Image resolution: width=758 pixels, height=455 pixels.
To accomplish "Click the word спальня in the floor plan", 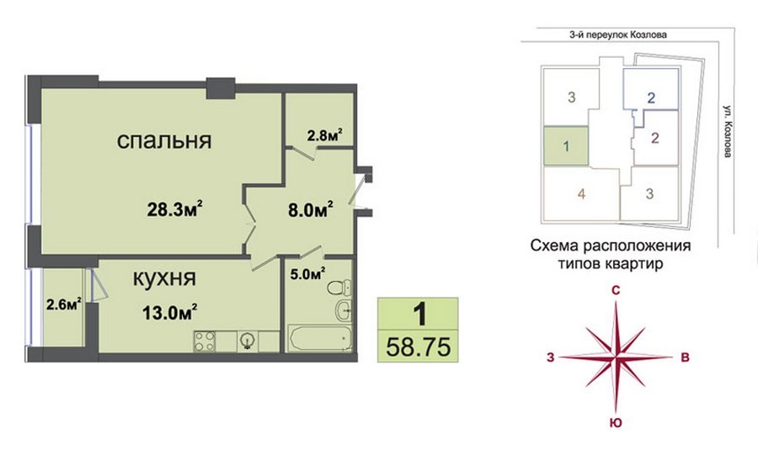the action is [x=164, y=141].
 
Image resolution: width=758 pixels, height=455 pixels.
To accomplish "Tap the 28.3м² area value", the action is [x=174, y=210].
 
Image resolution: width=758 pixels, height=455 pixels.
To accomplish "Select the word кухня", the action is [x=164, y=278].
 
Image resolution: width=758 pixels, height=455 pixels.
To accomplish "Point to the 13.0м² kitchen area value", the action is [x=169, y=313].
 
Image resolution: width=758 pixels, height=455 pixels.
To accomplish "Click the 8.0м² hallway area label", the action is [x=310, y=210].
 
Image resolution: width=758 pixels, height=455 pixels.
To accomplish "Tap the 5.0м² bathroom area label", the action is [x=307, y=274].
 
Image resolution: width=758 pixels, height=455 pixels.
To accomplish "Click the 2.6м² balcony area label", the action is [x=64, y=304].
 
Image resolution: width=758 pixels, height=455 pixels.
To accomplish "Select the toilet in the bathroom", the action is [x=339, y=288].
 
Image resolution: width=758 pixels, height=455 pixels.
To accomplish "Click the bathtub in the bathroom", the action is [x=319, y=338].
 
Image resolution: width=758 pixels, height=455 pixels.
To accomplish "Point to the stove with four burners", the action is [x=205, y=341].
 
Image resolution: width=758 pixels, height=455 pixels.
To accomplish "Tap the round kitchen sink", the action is [x=248, y=341].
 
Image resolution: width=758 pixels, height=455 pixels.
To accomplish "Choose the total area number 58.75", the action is [x=418, y=347].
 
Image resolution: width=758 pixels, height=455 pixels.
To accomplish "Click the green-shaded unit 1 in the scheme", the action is [x=566, y=145].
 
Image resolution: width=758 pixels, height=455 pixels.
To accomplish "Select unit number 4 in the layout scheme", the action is [x=581, y=193].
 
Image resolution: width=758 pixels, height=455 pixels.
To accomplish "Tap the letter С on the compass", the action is [x=616, y=290].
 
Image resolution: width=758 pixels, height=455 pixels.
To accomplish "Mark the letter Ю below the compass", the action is [x=616, y=423].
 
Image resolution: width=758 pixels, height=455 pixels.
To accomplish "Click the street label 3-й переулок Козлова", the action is [x=618, y=34].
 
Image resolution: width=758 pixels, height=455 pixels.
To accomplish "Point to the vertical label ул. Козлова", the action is [x=728, y=130].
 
